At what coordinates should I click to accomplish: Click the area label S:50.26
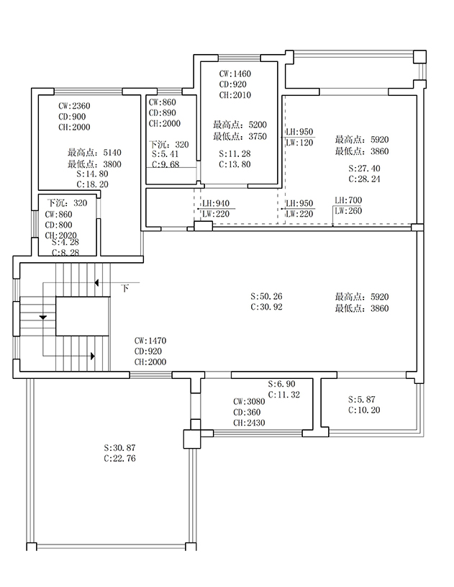[266, 296]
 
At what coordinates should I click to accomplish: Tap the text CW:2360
[74, 106]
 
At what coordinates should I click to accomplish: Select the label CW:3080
[249, 402]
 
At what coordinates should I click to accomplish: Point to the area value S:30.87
[119, 448]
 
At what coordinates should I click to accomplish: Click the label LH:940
[216, 204]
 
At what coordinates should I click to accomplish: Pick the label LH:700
[348, 200]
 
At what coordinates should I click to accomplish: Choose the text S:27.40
[364, 169]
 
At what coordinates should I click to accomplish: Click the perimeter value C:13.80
[235, 164]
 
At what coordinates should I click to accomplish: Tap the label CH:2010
[235, 95]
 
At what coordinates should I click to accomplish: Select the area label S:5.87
[362, 400]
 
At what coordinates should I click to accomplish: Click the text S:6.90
[281, 384]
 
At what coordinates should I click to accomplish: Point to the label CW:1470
[150, 341]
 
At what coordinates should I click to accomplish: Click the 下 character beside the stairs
[125, 288]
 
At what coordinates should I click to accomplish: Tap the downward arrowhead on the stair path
[43, 318]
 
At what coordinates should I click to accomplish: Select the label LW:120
[299, 143]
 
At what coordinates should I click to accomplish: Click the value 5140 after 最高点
[112, 153]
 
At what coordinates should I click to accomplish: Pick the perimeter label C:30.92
[266, 307]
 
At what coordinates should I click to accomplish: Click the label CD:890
[163, 113]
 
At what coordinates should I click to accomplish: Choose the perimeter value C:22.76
[119, 459]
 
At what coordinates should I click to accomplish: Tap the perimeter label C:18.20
[92, 184]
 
